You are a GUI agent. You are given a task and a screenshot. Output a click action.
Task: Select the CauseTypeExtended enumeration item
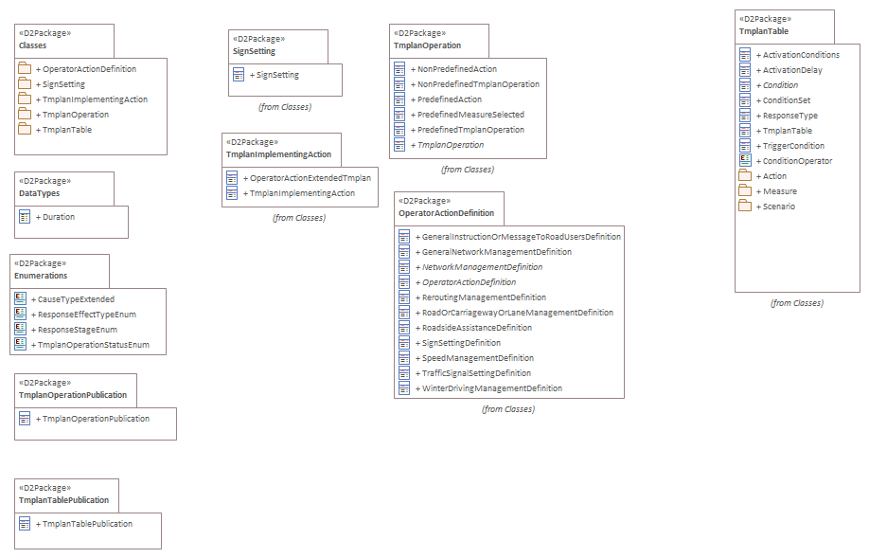coord(76,299)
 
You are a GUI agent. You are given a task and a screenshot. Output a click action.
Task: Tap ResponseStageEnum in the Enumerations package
coord(77,330)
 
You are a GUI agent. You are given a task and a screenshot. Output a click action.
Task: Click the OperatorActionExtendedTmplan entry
coord(310,178)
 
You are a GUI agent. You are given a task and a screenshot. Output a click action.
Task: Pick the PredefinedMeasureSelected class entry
coord(470,115)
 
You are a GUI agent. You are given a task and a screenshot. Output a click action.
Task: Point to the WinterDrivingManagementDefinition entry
coord(491,388)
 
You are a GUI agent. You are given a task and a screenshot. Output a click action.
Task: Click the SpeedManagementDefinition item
coord(477,358)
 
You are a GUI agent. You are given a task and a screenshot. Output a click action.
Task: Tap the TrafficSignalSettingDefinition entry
coord(476,373)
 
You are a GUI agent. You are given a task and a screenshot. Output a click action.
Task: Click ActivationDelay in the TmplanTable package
coord(792,70)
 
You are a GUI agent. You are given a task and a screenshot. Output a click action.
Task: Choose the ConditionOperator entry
coord(797,161)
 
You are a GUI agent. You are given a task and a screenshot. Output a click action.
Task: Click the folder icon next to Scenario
coord(745,207)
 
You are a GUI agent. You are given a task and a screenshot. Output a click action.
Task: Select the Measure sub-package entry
coord(780,191)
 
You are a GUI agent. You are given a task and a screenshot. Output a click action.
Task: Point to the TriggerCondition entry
coord(793,146)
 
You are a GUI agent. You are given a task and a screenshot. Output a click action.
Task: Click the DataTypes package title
coord(39,192)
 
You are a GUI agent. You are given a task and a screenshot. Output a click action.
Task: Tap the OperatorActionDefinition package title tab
coord(447,213)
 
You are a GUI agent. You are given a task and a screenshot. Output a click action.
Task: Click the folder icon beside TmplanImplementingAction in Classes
coord(25,99)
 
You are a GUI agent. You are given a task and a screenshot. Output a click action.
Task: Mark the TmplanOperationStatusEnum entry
coord(93,345)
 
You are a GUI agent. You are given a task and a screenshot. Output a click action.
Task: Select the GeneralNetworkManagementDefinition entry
coord(496,252)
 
